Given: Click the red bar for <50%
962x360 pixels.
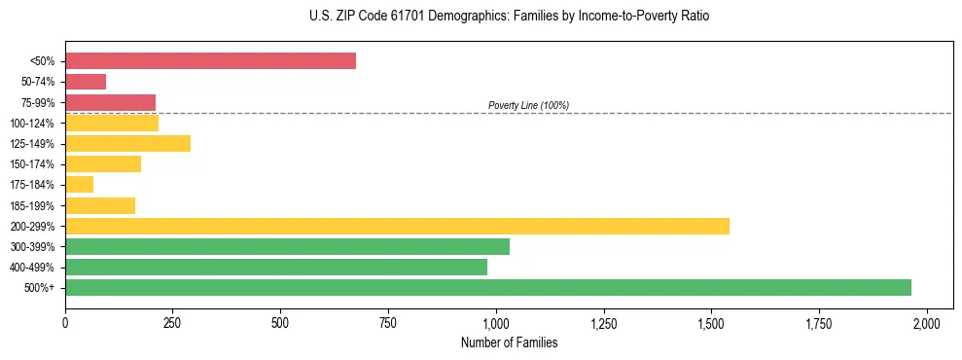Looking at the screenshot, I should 210,61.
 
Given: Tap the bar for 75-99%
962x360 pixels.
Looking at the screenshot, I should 110,102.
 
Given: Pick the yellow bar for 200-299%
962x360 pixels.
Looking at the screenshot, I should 397,226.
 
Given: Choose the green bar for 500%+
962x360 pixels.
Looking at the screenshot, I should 488,287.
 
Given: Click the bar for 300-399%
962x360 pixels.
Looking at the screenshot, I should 287,246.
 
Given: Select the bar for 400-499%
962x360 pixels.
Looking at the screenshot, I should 276,267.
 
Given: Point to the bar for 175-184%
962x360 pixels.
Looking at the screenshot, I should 79,185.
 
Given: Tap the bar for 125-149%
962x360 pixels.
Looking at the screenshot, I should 127,144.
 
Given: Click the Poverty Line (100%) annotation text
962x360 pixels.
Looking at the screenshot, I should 528,105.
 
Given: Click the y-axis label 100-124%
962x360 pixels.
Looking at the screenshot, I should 32,124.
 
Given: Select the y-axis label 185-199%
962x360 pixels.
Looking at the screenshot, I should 32,205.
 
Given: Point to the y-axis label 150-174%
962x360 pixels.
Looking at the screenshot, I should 32,164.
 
